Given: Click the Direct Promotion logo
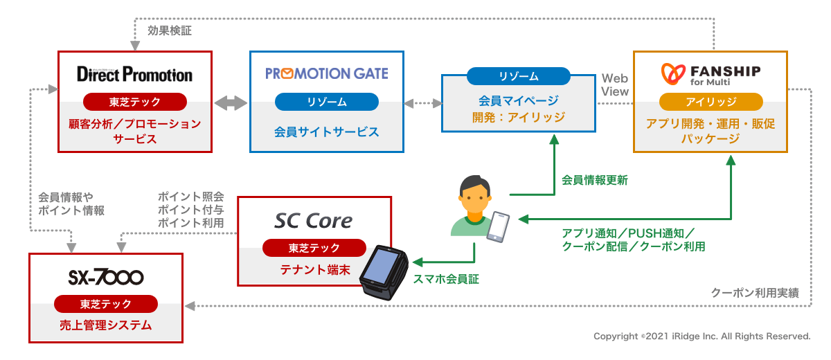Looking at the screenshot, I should click(134, 73).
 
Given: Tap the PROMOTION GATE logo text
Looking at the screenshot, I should click(326, 73).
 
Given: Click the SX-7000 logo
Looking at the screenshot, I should click(105, 278).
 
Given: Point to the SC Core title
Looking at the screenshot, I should click(314, 221).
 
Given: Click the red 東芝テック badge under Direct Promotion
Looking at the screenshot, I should click(134, 102).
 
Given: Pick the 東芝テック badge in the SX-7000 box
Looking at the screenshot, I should click(105, 304).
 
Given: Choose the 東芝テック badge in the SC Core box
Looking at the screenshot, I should click(314, 248).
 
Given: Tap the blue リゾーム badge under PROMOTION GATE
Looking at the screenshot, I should click(326, 102).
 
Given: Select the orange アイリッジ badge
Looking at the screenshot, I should click(711, 102).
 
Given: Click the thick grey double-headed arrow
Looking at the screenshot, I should click(231, 103).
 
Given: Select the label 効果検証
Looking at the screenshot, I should click(169, 30).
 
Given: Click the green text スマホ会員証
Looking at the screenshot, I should click(446, 280).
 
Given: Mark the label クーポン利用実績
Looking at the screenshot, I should click(755, 293).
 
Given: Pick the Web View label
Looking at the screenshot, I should click(615, 84).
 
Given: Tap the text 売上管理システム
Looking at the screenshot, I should click(105, 325).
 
